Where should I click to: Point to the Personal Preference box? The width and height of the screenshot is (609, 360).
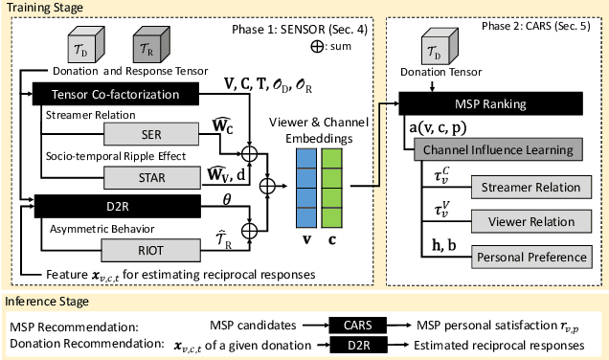coord(530,256)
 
